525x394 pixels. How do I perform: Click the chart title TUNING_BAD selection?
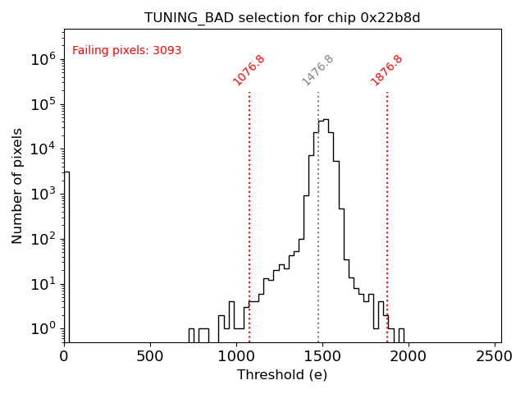pyautogui.click(x=282, y=17)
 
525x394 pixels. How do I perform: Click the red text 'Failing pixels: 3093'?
pyautogui.click(x=127, y=51)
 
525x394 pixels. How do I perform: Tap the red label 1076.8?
pyautogui.click(x=249, y=71)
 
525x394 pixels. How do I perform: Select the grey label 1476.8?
pyautogui.click(x=317, y=71)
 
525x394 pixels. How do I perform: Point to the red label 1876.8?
pyautogui.click(x=386, y=71)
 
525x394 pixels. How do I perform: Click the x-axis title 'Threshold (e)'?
pyautogui.click(x=282, y=375)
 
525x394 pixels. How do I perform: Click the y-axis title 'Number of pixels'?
pyautogui.click(x=17, y=186)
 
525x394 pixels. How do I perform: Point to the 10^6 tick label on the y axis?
pyautogui.click(x=43, y=59)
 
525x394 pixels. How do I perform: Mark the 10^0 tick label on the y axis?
pyautogui.click(x=43, y=329)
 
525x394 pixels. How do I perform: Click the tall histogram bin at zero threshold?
pyautogui.click(x=66, y=254)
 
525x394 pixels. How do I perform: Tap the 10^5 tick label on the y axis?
pyautogui.click(x=43, y=104)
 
